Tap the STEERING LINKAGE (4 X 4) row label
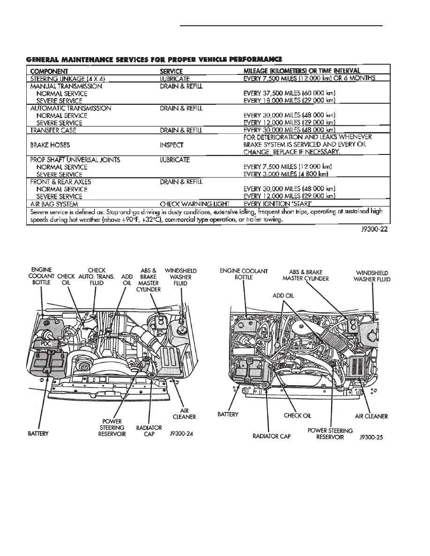click(63, 79)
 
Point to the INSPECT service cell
click(172, 145)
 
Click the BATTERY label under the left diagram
click(38, 433)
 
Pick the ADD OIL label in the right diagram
click(284, 295)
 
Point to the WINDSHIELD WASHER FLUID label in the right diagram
click(373, 276)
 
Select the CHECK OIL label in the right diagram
click(298, 415)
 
